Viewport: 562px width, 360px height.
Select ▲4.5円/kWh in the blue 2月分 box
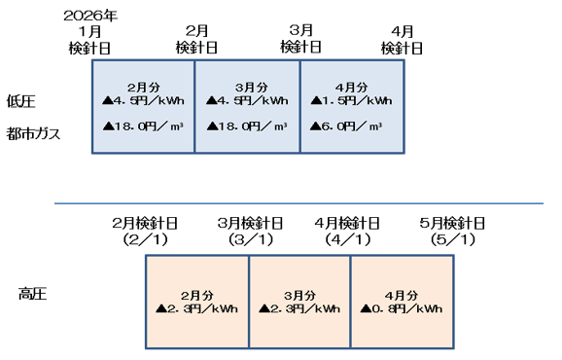pyautogui.click(x=144, y=100)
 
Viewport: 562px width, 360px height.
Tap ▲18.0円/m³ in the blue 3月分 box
pyautogui.click(x=247, y=126)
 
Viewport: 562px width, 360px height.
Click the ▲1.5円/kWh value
pyautogui.click(x=351, y=100)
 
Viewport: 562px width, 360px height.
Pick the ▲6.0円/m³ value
pyautogui.click(x=347, y=126)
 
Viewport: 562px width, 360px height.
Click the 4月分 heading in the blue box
pyautogui.click(x=351, y=87)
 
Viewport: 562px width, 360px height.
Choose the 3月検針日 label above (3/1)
pyautogui.click(x=250, y=223)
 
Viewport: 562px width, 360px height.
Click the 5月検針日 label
pyautogui.click(x=451, y=223)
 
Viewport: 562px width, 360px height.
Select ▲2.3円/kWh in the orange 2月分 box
pyautogui.click(x=196, y=308)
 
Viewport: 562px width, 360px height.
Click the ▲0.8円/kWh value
pyautogui.click(x=401, y=308)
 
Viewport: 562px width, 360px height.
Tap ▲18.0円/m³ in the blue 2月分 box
pyautogui.click(x=144, y=126)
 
